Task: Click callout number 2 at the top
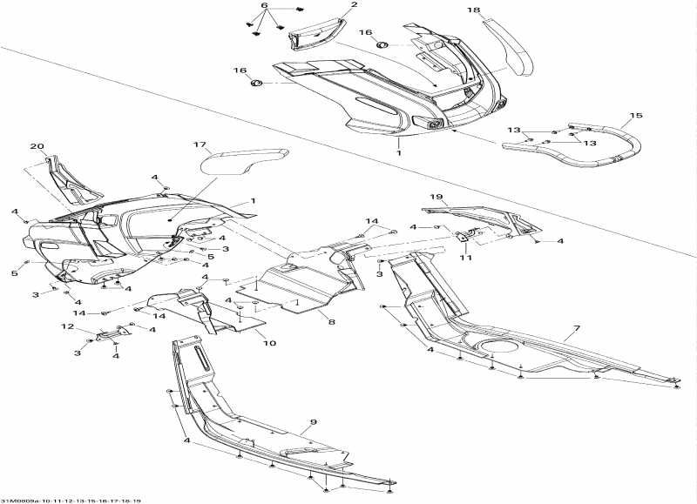(x=330, y=5)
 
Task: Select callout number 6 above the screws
(x=265, y=5)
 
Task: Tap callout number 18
(x=473, y=10)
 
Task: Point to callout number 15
(x=635, y=116)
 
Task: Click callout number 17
(x=200, y=144)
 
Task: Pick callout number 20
(x=37, y=146)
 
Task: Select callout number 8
(x=331, y=322)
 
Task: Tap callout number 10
(x=269, y=343)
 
